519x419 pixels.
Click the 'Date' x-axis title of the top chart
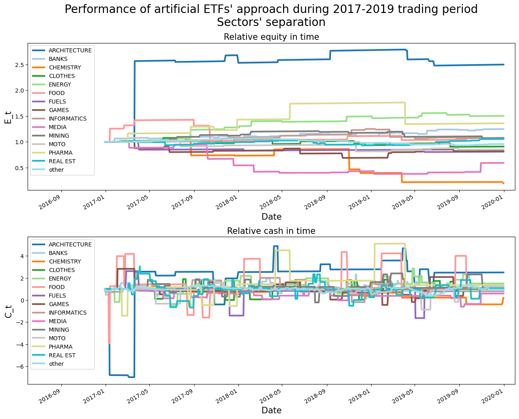[x=271, y=216]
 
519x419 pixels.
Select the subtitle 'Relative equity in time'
[x=271, y=37]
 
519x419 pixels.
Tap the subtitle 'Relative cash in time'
[x=271, y=231]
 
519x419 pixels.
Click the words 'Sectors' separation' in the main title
[x=271, y=22]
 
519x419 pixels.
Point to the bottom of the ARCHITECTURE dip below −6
[x=131, y=377]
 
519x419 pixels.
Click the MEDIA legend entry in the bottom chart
[x=57, y=321]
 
